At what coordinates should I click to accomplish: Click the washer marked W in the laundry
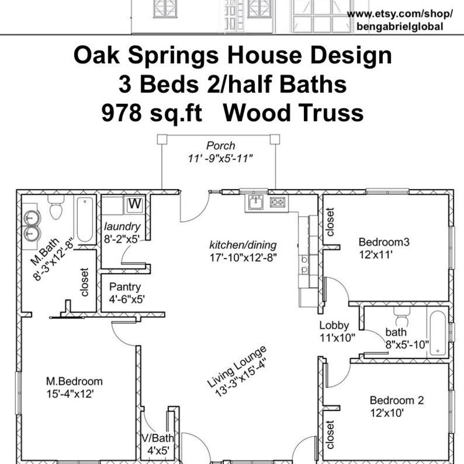[x=135, y=205]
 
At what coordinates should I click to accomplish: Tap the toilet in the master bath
[x=56, y=207]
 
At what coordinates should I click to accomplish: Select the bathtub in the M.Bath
[x=85, y=219]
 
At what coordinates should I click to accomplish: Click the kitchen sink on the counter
[x=255, y=202]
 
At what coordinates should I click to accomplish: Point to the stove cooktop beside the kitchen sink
[x=278, y=202]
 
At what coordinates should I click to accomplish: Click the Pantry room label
[x=125, y=287]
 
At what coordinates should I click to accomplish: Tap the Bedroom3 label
[x=384, y=242]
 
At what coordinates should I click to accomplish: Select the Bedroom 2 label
[x=397, y=400]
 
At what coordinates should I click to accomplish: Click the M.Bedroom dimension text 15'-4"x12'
[x=70, y=394]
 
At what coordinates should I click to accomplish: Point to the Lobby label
[x=334, y=325]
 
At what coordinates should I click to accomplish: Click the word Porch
[x=220, y=146]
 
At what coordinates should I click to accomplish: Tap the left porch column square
[x=162, y=139]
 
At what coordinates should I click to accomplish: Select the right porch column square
[x=275, y=139]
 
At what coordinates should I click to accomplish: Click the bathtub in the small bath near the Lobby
[x=437, y=332]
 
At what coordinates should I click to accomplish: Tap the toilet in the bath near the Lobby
[x=402, y=317]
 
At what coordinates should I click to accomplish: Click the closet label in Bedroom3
[x=329, y=222]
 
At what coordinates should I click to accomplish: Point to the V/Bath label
[x=158, y=438]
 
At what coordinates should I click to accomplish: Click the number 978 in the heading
[x=121, y=113]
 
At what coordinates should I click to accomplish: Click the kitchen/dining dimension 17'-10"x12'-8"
[x=243, y=258]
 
